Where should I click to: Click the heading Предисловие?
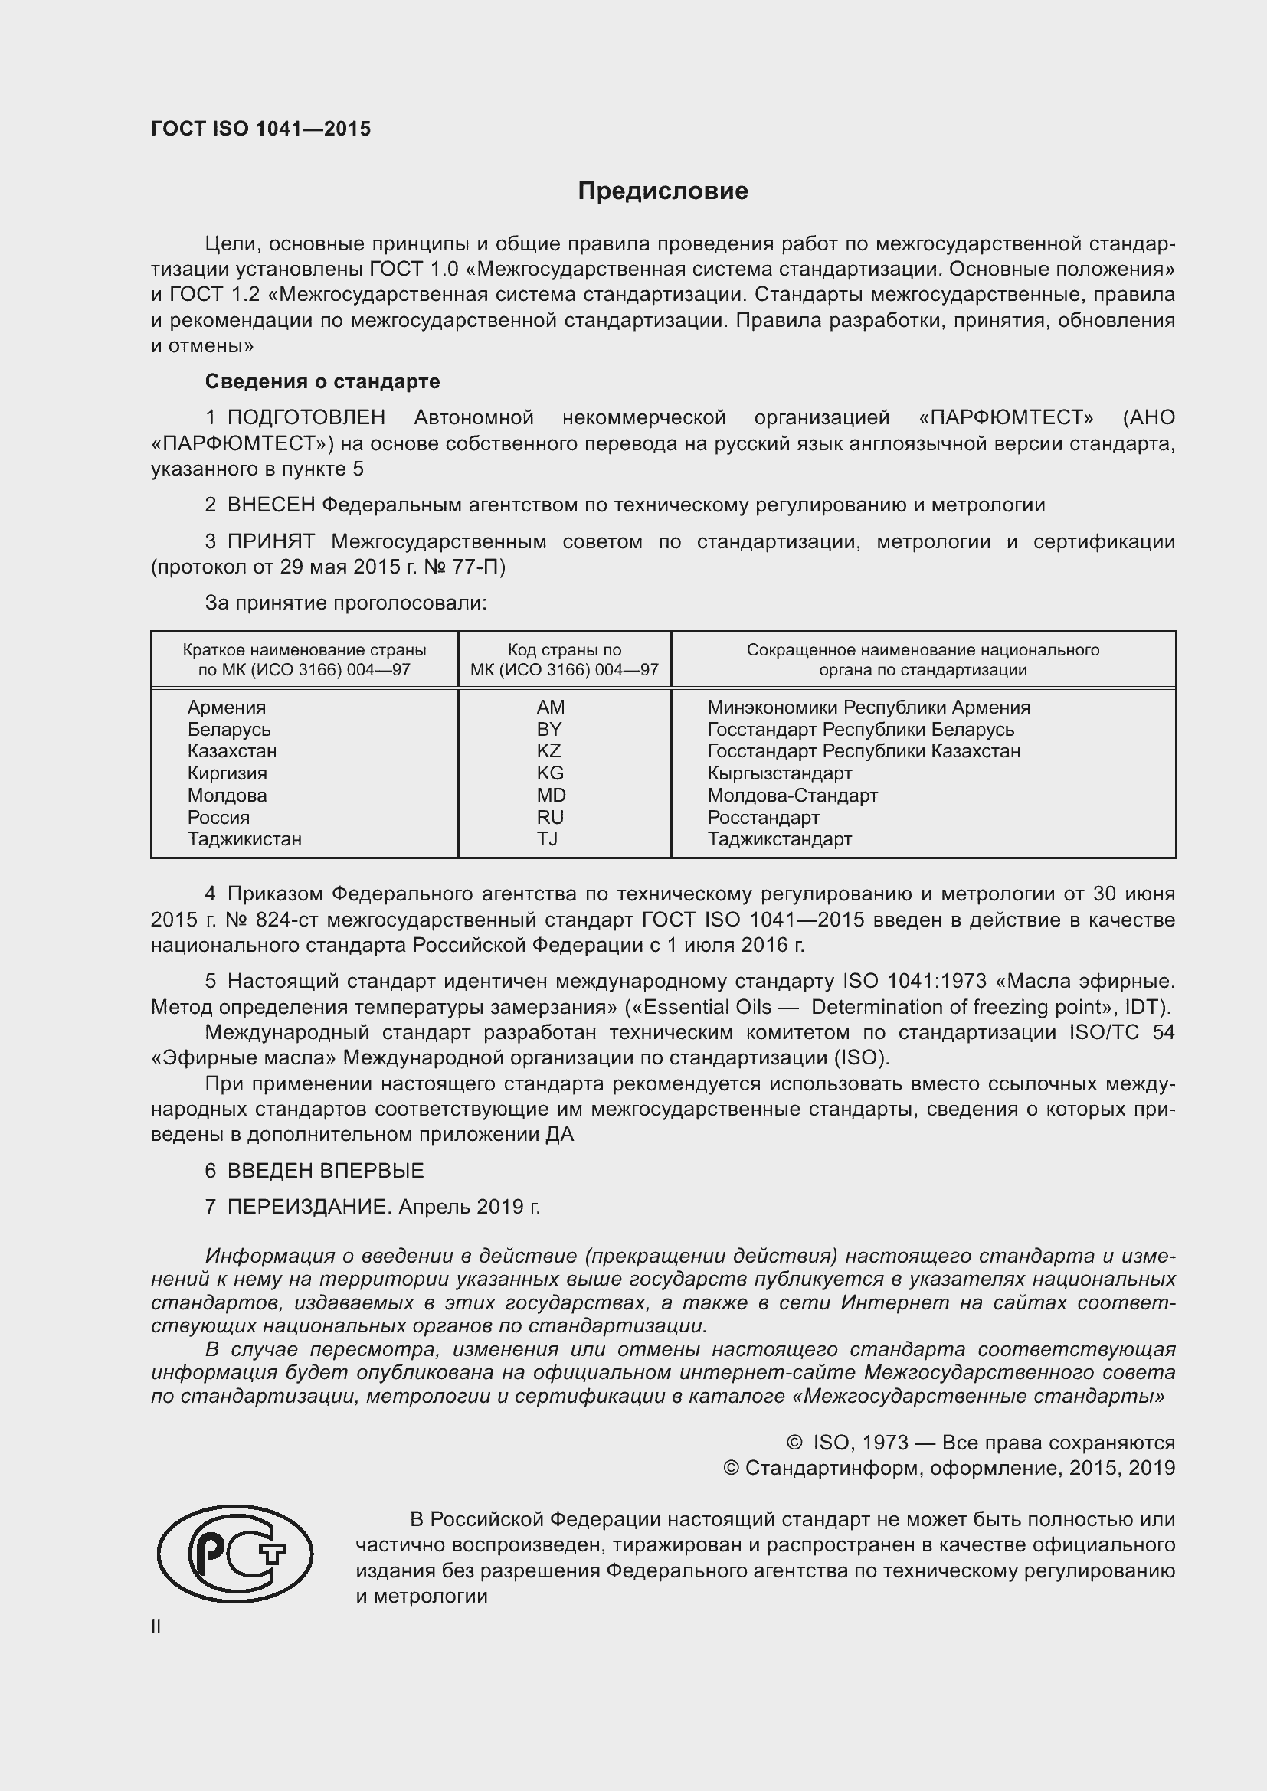pos(663,191)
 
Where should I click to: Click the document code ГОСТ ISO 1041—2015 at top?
pos(260,129)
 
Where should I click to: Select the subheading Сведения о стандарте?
pos(322,381)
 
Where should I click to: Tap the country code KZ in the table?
pos(548,750)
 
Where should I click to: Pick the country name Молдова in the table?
pos(227,795)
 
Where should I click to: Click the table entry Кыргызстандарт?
pos(779,773)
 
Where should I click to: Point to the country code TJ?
pos(547,838)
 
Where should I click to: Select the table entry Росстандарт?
pos(763,817)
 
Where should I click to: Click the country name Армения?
pos(226,707)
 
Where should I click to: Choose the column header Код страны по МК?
pos(564,659)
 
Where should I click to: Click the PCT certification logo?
pos(234,1553)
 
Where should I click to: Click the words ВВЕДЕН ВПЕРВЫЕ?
pos(326,1170)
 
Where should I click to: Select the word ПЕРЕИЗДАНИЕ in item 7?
pos(307,1207)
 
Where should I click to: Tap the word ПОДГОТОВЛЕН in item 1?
pos(306,417)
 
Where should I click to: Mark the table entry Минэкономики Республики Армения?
pos(869,707)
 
